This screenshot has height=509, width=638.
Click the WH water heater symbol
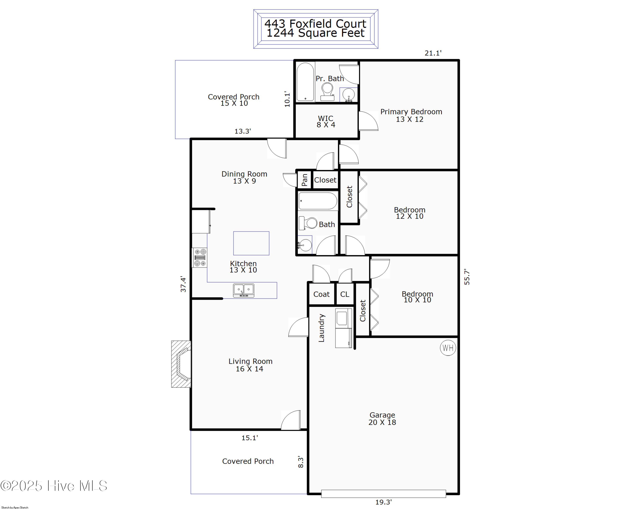point(448,348)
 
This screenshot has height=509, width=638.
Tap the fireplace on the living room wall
point(181,364)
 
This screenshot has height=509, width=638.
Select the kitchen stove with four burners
point(200,257)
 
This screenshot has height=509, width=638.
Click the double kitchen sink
point(244,290)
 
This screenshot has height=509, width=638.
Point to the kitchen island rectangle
point(251,243)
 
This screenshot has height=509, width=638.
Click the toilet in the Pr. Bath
point(327,91)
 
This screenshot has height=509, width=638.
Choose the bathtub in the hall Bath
point(318,201)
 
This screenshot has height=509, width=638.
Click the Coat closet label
point(321,294)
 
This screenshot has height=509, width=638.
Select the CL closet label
point(345,294)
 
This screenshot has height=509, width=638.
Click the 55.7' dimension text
point(467,277)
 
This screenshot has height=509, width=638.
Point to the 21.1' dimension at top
point(433,53)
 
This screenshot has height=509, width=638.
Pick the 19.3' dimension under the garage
point(383,502)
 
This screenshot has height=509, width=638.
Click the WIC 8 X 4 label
point(326,121)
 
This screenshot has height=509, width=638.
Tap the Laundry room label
point(321,328)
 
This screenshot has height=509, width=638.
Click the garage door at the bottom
point(383,493)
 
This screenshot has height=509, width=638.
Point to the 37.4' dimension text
point(183,284)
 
